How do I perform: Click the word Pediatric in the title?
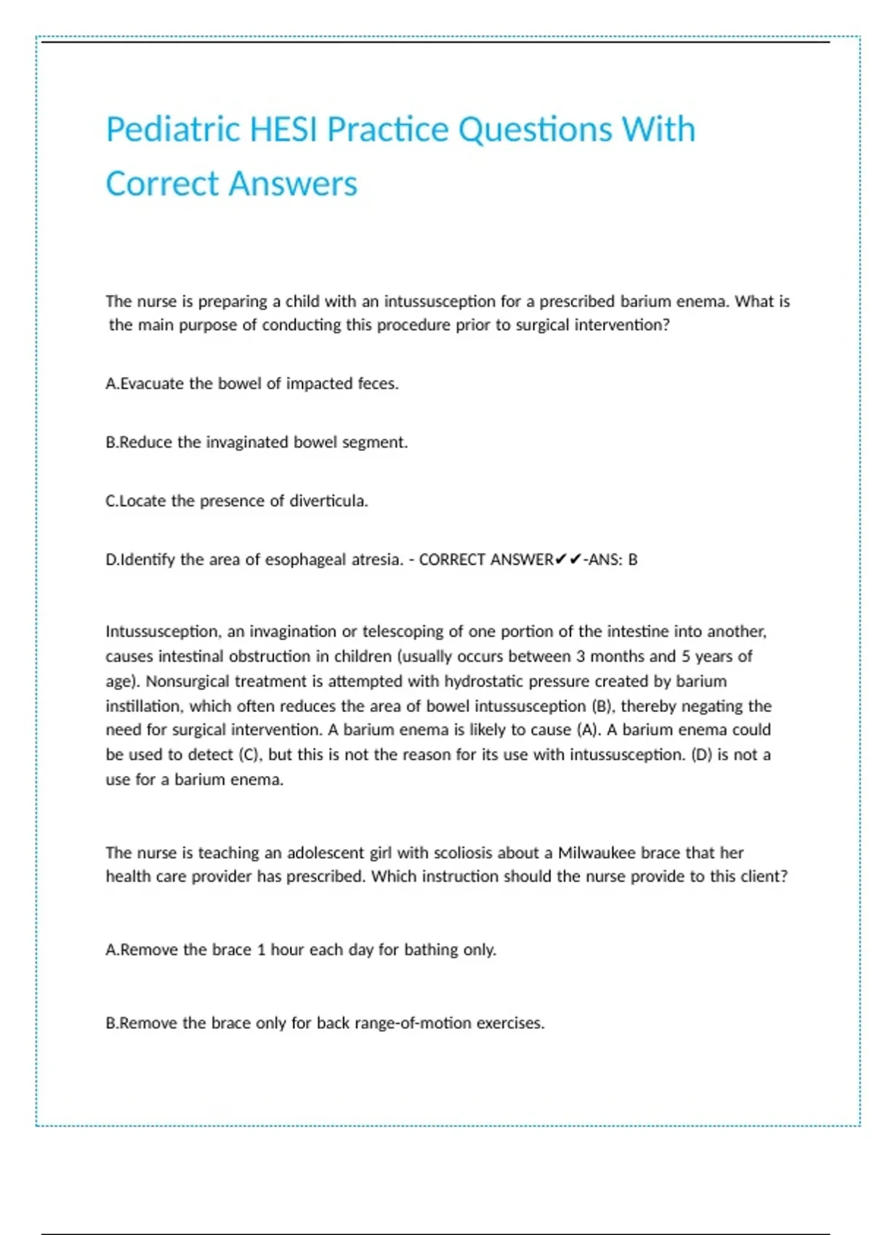173,130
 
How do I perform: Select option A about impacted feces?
252,384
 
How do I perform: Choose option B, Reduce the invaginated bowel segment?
257,442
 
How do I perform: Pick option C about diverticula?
237,501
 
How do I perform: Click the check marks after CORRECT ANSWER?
568,559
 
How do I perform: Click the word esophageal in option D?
306,560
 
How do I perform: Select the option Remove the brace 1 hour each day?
301,950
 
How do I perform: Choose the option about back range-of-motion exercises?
325,1024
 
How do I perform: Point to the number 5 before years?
685,657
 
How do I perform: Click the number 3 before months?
581,657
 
